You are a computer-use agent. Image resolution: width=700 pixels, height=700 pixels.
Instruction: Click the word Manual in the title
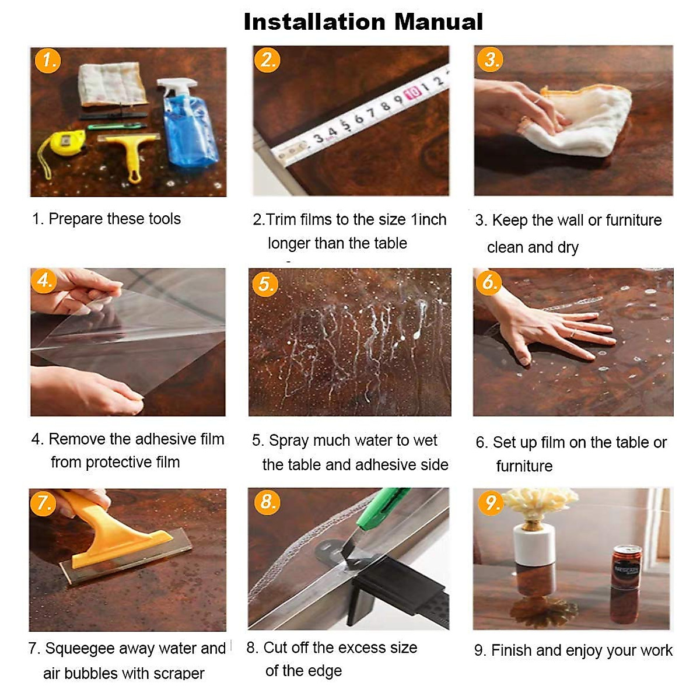439,22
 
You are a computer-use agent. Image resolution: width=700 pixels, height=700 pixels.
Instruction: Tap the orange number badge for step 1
48,61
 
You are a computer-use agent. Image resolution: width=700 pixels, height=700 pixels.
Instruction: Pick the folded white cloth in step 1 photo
113,84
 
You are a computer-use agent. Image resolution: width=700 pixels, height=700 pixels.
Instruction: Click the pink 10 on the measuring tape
414,93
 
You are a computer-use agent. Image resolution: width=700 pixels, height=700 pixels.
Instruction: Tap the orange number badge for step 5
265,283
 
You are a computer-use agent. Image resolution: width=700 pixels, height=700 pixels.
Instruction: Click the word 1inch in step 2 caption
429,219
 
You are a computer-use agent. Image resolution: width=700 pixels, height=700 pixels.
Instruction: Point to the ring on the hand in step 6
573,333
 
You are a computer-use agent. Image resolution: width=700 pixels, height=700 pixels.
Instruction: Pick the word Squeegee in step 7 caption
79,649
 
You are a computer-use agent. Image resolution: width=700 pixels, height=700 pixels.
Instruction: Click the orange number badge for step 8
267,502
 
